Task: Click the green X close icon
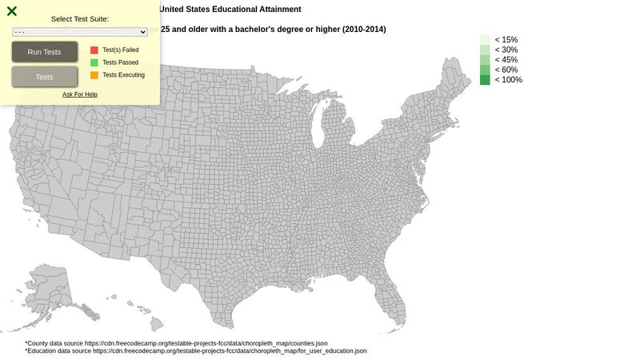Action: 12,11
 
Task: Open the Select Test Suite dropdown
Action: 80,32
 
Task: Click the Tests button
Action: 45,77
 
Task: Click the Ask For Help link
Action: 80,94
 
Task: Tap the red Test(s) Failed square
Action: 94,50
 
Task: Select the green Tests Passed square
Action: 94,62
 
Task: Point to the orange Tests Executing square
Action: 94,75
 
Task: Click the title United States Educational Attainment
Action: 230,10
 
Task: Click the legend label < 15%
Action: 506,39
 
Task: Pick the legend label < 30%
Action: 506,50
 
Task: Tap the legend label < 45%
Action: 506,60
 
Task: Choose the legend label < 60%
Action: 506,70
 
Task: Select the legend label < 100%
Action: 508,80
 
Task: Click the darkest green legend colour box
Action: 485,80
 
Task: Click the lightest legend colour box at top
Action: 485,39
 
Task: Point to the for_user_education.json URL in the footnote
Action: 230,351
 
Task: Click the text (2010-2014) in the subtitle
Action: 364,30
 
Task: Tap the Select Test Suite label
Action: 80,19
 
